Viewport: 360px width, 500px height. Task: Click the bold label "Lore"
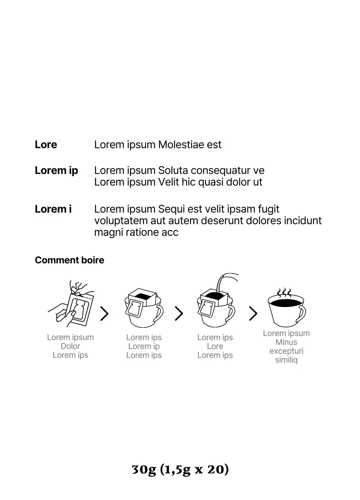coord(46,145)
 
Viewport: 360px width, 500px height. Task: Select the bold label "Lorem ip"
coord(56,171)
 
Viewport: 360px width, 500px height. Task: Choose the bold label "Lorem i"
coord(53,209)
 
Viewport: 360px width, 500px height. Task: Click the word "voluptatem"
coord(121,221)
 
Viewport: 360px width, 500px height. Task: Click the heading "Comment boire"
coord(70,260)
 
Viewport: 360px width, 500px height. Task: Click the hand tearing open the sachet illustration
coord(71,304)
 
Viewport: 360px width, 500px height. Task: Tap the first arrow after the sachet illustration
coord(104,314)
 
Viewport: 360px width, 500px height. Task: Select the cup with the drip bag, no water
coord(144,308)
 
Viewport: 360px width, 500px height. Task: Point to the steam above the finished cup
coord(284,293)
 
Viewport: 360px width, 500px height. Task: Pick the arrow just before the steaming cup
coord(253,314)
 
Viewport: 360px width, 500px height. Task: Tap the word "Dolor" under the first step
coord(70,346)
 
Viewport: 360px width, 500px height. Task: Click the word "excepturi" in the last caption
coord(286,351)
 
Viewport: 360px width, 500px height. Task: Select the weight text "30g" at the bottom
coord(144,470)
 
